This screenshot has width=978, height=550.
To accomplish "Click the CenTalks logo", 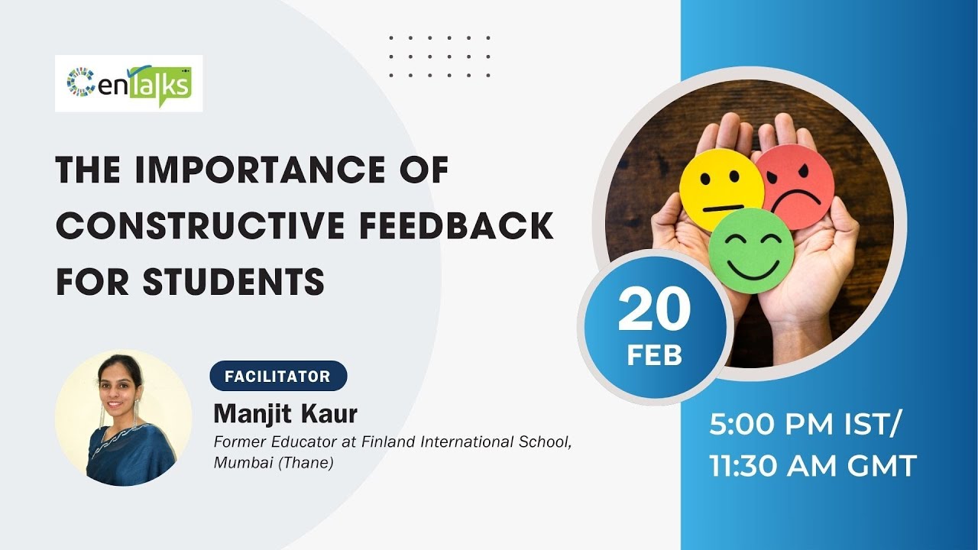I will click(x=128, y=83).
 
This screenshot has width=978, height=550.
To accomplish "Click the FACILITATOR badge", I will click(x=278, y=376).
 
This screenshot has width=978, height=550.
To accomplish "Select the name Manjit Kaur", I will click(x=286, y=414).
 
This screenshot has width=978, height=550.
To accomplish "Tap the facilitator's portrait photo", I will click(x=123, y=417).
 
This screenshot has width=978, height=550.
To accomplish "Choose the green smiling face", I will click(x=750, y=251).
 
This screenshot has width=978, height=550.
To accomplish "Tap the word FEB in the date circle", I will click(x=654, y=355).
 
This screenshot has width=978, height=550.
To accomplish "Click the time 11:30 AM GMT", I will click(x=813, y=466).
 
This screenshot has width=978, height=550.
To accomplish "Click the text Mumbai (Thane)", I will click(x=274, y=463).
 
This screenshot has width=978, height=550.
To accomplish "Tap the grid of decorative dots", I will click(x=439, y=56).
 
